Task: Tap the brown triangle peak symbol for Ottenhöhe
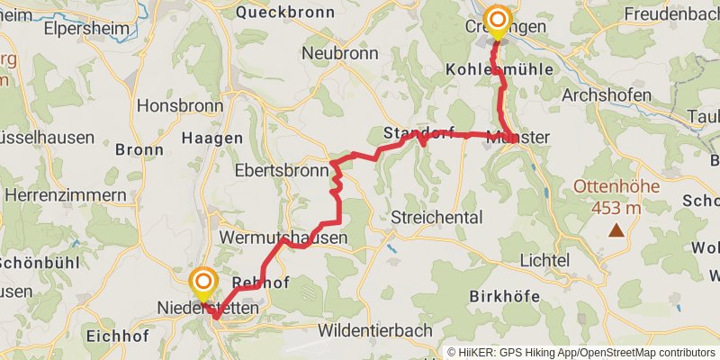pos(616,230)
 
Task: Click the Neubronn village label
pos(339,53)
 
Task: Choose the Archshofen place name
pos(605,94)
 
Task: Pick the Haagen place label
pos(212,138)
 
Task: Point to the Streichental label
pos(437,217)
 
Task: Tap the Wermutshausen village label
pos(283,238)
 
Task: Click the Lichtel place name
pos(544,260)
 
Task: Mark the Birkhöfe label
pos(506,296)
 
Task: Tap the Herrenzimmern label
pos(65,194)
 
